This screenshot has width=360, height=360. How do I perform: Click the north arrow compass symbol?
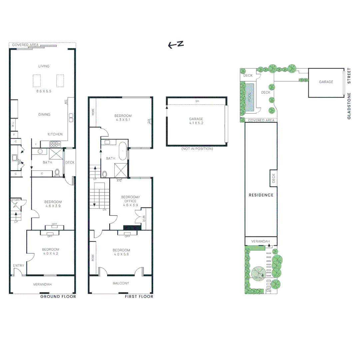176,45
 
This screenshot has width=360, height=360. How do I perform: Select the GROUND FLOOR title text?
58,296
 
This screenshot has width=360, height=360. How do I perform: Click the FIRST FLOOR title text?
139,296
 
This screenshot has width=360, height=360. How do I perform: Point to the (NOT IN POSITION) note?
197,149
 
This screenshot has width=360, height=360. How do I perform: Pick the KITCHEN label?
55,134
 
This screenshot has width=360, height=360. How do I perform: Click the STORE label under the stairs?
16,200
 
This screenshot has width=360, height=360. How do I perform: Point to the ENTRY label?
19,265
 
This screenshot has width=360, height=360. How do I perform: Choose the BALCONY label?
121,283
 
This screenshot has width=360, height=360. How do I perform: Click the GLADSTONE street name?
349,106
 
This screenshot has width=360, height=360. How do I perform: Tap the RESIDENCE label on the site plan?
261,195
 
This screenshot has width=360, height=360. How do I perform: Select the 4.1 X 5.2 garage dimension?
196,123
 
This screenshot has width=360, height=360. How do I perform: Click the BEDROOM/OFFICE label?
130,199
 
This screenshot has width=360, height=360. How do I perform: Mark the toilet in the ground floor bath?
57,172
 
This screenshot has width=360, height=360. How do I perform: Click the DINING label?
44,114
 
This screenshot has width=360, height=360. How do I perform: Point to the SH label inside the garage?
197,101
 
